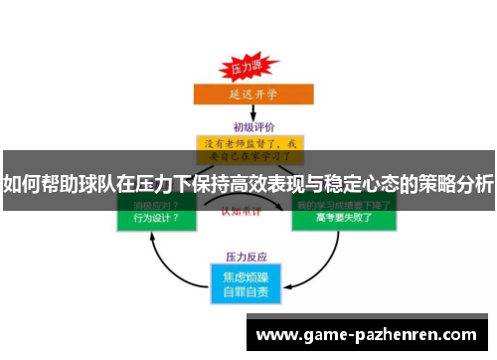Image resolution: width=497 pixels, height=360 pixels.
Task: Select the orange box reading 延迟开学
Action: [247, 94]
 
